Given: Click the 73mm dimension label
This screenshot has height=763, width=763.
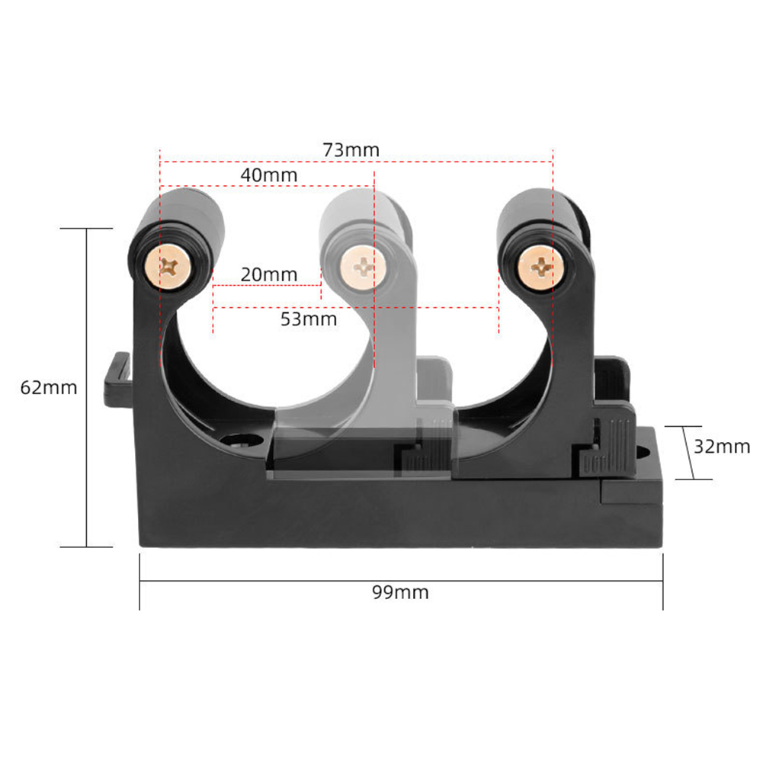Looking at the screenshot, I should tap(351, 149).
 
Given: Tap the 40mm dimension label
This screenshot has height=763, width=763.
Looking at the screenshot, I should tap(268, 175).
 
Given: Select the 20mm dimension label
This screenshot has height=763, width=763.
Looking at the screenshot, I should tap(268, 274).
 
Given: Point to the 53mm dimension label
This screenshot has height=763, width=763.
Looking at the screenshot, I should tap(309, 319).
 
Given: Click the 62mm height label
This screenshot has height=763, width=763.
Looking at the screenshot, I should tap(49, 387).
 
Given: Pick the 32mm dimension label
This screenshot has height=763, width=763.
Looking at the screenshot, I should tap(721, 447).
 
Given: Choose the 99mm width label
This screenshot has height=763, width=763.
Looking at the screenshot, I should tap(400, 592).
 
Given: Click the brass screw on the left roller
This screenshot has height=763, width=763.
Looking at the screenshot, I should tap(169, 266).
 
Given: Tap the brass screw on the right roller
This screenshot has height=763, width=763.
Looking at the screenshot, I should tap(543, 268).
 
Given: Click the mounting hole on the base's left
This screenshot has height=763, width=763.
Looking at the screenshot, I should tap(239, 440).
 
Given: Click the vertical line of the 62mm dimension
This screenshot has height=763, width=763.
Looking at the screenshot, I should tap(87, 387).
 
